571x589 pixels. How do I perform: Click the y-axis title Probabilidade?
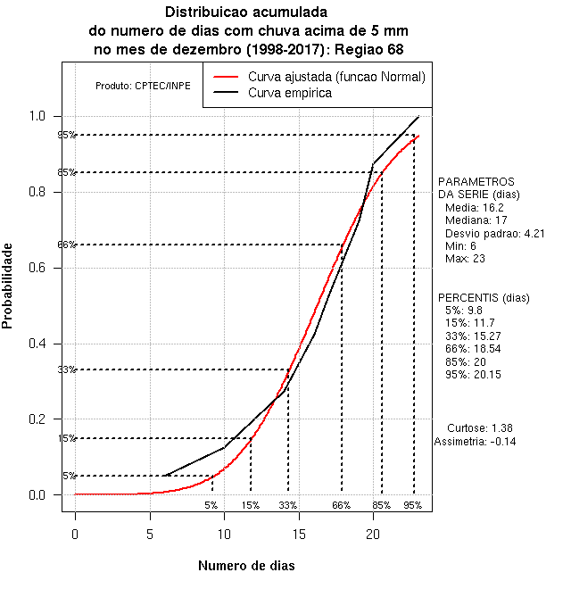[8, 286]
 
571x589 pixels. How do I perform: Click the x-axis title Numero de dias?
[246, 566]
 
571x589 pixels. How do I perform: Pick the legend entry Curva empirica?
[290, 92]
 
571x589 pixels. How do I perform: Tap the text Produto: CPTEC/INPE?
[143, 86]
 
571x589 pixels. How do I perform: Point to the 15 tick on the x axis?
[299, 534]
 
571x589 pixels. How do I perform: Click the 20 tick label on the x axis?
[373, 534]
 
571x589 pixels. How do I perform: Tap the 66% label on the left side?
[67, 245]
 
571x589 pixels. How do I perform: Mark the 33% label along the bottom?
[287, 505]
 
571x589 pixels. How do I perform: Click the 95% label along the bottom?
[412, 505]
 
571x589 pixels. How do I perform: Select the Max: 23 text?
[465, 259]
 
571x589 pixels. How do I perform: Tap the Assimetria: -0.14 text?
[475, 441]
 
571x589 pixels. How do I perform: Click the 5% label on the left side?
[70, 476]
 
